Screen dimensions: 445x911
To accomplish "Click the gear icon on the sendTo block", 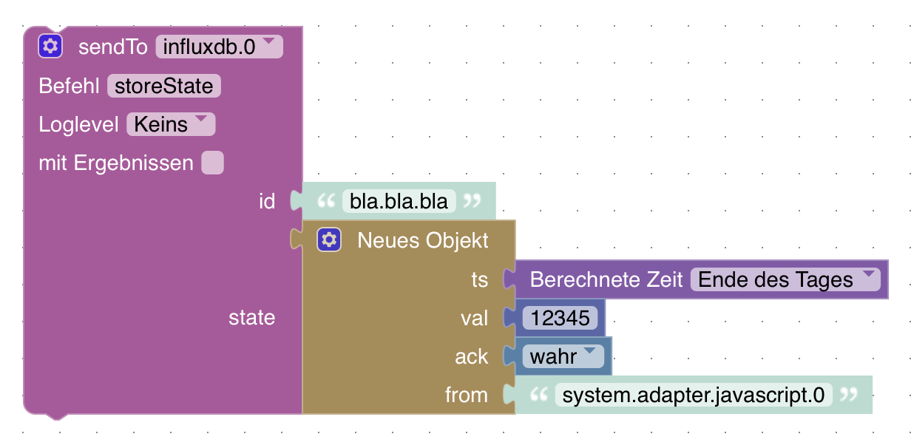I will point(50,47).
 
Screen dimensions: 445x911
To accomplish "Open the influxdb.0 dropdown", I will point(219,47).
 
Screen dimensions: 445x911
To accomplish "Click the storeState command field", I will point(164,86).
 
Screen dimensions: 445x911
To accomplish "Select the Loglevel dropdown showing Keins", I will point(171,124).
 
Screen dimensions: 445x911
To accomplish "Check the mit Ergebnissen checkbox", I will point(213,163).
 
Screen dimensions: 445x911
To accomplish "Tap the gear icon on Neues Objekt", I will point(329,240).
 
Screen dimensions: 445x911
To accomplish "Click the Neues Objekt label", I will point(423,240).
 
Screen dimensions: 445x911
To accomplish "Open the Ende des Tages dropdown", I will point(785,279).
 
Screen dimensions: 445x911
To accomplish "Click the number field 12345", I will point(560,318).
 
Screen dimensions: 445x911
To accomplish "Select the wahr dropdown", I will point(563,356).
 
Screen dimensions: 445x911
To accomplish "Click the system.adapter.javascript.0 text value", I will point(694,395).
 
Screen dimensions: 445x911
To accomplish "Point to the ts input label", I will point(479,279).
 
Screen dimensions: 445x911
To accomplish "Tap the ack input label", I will point(471,356).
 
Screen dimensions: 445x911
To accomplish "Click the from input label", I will point(466,395).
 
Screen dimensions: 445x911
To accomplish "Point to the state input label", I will point(251,317).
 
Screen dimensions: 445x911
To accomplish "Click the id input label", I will point(267,201).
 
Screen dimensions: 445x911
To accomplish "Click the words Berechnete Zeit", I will point(606,279).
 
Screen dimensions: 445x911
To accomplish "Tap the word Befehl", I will point(69,86).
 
